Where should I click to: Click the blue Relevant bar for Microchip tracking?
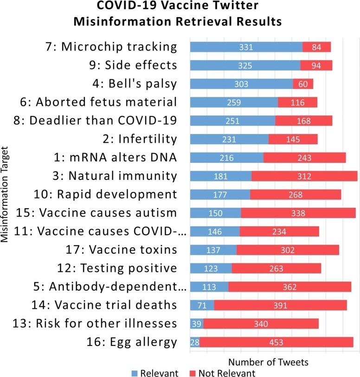click(246, 47)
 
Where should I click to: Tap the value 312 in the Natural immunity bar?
click(304, 176)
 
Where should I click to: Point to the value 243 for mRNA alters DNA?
click(304, 158)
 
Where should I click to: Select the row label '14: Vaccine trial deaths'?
click(115, 305)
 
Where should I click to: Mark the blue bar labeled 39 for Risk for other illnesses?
click(197, 324)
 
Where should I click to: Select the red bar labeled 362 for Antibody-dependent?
click(289, 287)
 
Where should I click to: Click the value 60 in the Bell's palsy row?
click(303, 84)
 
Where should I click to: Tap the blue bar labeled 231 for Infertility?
click(229, 139)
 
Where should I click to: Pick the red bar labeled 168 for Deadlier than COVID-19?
click(303, 121)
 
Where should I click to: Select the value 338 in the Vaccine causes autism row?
click(298, 213)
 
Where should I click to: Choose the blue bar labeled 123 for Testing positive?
click(211, 268)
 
